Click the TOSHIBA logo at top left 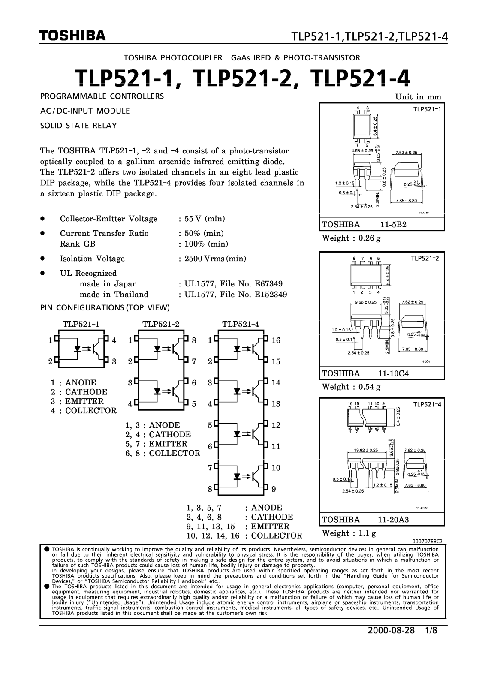click(x=72, y=36)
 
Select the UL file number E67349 click(x=267, y=284)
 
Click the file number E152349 click(x=269, y=295)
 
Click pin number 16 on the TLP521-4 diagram click(x=276, y=340)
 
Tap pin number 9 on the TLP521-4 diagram click(x=274, y=489)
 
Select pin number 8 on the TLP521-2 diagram click(x=194, y=340)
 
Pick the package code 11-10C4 click(x=393, y=373)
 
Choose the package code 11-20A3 click(x=393, y=520)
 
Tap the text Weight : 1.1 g click(x=349, y=533)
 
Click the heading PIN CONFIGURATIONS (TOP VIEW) click(x=105, y=308)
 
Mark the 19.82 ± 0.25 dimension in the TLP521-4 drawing click(x=366, y=450)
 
